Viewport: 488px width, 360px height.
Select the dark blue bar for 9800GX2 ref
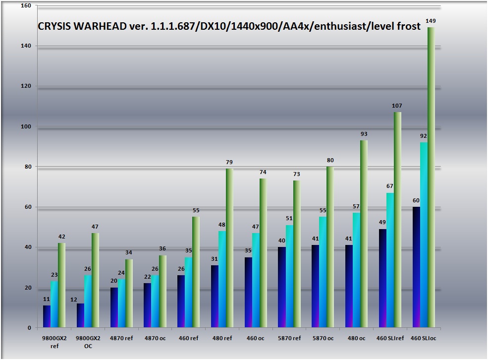pyautogui.click(x=47, y=316)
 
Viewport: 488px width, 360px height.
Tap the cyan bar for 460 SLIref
pyautogui.click(x=390, y=260)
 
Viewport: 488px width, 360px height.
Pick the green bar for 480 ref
pyautogui.click(x=229, y=248)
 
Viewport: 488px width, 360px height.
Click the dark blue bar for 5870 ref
pyautogui.click(x=281, y=287)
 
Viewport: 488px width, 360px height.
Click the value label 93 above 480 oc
pyautogui.click(x=364, y=134)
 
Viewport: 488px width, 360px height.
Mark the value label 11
pyautogui.click(x=47, y=300)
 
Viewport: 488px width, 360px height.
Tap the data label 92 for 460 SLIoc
pyautogui.click(x=424, y=136)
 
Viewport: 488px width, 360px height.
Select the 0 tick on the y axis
pyautogui.click(x=29, y=328)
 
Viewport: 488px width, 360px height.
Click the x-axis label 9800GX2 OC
pyautogui.click(x=88, y=342)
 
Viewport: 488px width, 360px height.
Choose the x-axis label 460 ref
pyautogui.click(x=188, y=338)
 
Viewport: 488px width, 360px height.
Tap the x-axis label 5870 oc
pyautogui.click(x=323, y=338)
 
